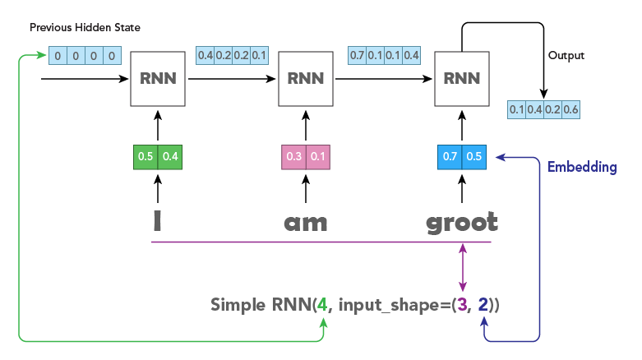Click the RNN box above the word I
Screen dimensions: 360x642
point(156,79)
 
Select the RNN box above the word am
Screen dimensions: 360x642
point(306,79)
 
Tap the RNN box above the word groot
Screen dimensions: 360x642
point(461,79)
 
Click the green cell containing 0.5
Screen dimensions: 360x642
point(145,158)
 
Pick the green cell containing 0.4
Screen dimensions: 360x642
point(169,158)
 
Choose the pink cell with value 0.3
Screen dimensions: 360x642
point(293,158)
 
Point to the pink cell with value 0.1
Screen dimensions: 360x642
point(317,158)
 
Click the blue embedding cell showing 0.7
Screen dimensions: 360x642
point(450,158)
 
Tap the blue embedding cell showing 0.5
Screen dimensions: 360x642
point(474,158)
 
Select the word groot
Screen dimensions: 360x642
point(461,223)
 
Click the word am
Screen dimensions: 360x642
point(305,224)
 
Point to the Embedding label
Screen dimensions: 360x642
point(582,167)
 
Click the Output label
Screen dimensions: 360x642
point(566,56)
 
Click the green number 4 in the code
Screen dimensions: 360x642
point(323,305)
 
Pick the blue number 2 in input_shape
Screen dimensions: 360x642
point(484,305)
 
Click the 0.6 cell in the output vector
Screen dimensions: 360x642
point(571,109)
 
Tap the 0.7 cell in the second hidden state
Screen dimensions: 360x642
point(358,56)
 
